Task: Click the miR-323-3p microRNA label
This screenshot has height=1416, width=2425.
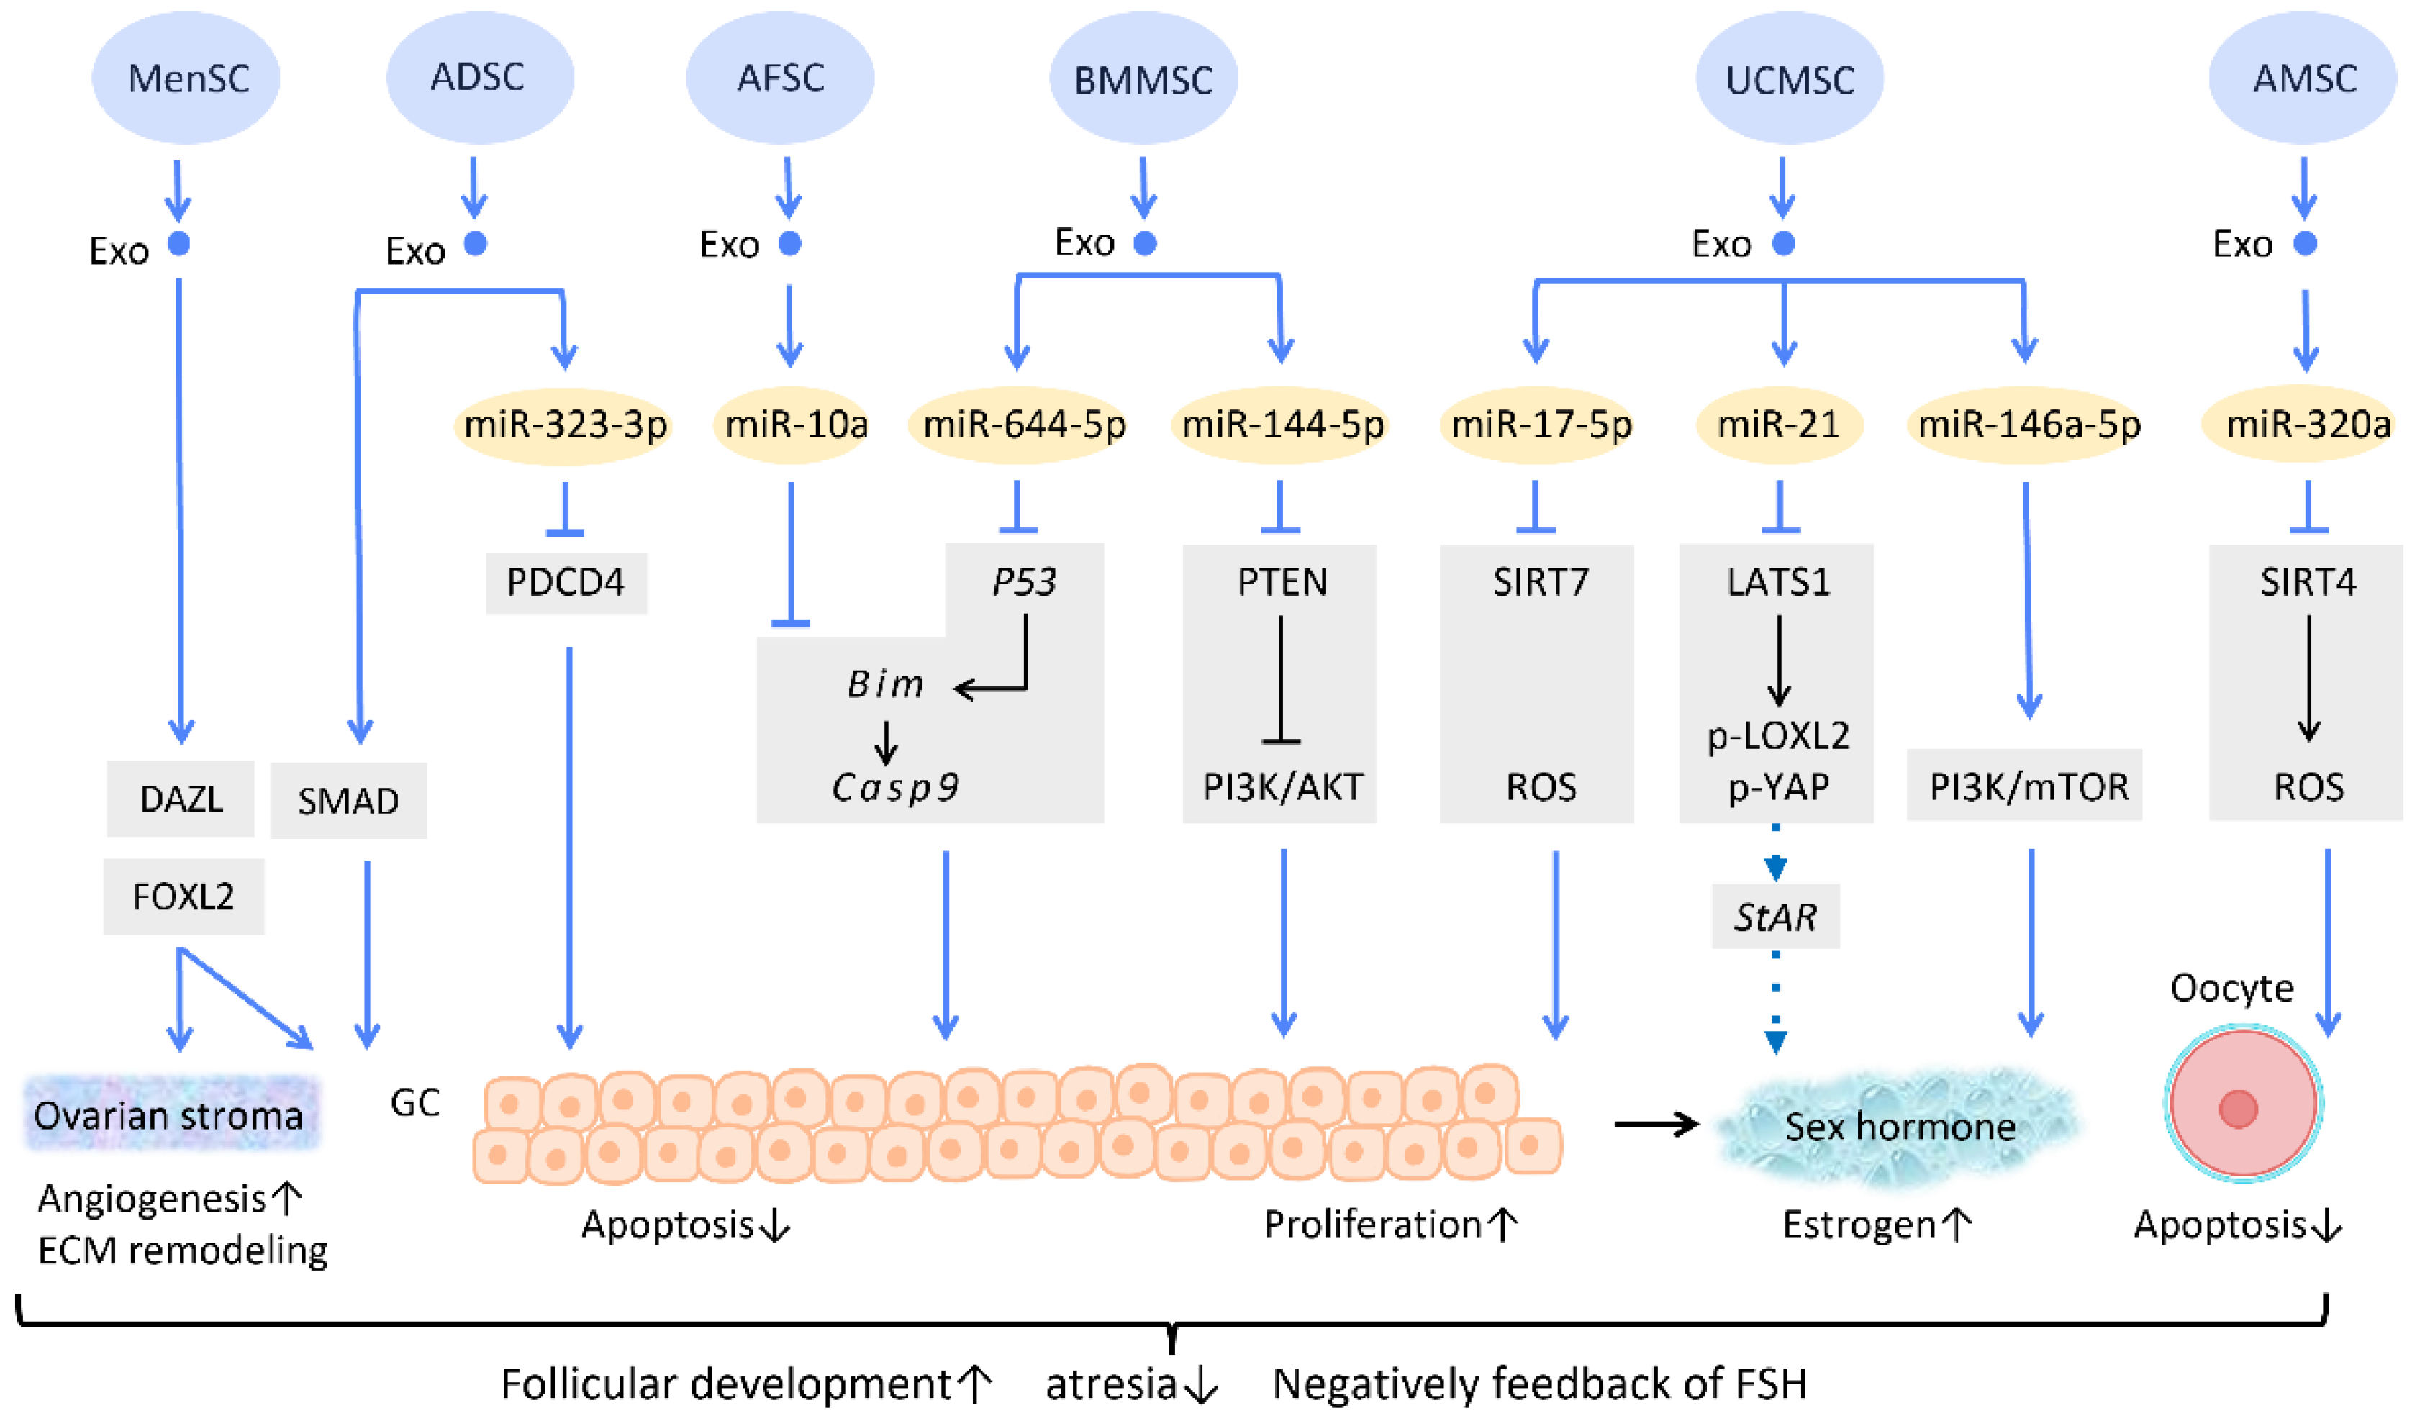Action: click(x=565, y=425)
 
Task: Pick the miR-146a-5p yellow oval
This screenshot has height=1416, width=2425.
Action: click(x=2029, y=425)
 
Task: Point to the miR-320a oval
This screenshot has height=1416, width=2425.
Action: click(x=2308, y=425)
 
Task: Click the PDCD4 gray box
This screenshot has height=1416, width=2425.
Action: click(x=566, y=582)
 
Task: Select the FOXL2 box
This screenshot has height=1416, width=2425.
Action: click(x=183, y=897)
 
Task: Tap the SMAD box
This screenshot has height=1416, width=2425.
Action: click(x=348, y=800)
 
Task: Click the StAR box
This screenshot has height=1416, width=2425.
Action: click(x=1775, y=917)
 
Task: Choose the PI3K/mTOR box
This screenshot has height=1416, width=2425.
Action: click(x=2029, y=787)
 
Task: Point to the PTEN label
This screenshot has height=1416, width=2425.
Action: click(x=1282, y=582)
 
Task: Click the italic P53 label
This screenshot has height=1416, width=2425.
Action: click(x=1024, y=582)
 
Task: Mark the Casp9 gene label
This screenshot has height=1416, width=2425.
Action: click(x=895, y=787)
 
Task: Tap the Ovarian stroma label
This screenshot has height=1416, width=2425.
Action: click(x=169, y=1116)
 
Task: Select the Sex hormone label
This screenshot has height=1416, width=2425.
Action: click(x=1900, y=1125)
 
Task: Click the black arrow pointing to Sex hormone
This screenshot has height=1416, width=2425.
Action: click(x=1655, y=1124)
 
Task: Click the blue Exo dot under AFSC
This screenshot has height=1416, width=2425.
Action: click(x=790, y=243)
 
